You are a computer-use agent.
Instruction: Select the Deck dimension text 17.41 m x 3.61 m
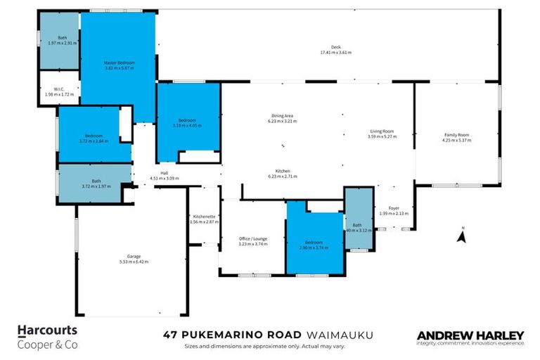click(x=335, y=53)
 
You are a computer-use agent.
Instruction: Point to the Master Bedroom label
click(x=119, y=63)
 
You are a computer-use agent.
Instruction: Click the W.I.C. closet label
click(x=58, y=88)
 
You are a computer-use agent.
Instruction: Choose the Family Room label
click(x=456, y=135)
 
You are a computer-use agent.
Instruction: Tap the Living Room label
click(x=382, y=131)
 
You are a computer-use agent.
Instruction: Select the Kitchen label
click(x=283, y=171)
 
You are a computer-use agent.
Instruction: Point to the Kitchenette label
click(x=203, y=217)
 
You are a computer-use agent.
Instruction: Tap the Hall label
click(x=164, y=173)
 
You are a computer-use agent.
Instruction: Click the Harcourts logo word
click(x=47, y=329)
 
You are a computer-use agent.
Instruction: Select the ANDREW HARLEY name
click(x=470, y=335)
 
